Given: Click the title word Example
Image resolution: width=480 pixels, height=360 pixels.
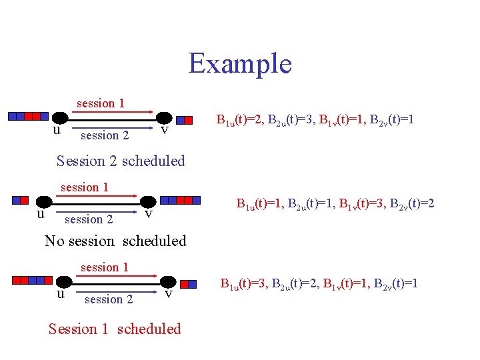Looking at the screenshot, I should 240,63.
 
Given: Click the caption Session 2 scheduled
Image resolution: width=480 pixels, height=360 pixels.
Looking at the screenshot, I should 121,161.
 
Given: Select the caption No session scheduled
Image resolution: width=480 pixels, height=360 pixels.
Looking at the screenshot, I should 115,241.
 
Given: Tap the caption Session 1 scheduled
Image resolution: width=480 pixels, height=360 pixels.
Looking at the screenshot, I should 115,329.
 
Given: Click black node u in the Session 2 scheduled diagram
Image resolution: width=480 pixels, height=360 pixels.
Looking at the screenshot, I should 60,117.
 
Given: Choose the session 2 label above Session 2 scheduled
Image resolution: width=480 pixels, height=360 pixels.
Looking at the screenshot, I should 104,135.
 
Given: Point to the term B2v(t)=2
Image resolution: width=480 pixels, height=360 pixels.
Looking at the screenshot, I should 416,203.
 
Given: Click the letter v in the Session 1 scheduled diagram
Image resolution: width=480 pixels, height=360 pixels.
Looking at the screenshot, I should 169,293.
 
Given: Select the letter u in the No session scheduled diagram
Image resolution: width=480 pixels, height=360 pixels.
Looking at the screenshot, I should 41,214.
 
